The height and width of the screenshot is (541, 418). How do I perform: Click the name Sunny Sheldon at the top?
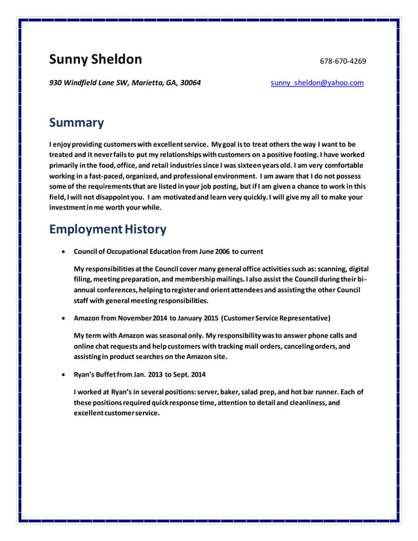click(x=96, y=60)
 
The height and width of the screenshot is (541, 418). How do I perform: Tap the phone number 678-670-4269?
click(x=343, y=62)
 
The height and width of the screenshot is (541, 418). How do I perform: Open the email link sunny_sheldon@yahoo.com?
click(x=317, y=83)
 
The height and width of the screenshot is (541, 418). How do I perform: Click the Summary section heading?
click(x=77, y=122)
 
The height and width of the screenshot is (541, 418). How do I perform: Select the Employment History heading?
click(x=108, y=229)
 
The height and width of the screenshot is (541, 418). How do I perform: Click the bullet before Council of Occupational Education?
click(x=63, y=252)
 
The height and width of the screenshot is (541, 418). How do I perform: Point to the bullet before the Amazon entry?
click(x=63, y=319)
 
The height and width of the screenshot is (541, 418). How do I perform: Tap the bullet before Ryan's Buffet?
click(x=63, y=375)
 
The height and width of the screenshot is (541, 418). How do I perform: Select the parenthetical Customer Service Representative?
click(x=276, y=318)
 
